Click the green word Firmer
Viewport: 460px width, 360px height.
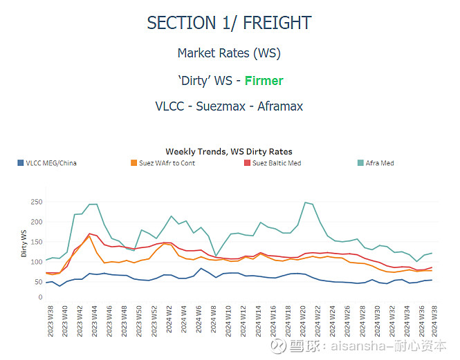point(264,81)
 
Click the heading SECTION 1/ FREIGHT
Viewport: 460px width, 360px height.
point(229,23)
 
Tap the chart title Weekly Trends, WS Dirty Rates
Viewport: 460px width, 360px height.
point(229,151)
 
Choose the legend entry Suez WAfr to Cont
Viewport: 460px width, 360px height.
point(163,163)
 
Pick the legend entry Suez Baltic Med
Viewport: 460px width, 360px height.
point(276,163)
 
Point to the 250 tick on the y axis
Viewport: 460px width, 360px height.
point(36,202)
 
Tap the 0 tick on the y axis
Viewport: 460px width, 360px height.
point(40,298)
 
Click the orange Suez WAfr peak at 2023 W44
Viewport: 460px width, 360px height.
point(90,236)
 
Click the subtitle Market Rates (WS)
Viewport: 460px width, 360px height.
point(229,53)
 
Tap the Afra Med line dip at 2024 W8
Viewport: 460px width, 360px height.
point(216,256)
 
